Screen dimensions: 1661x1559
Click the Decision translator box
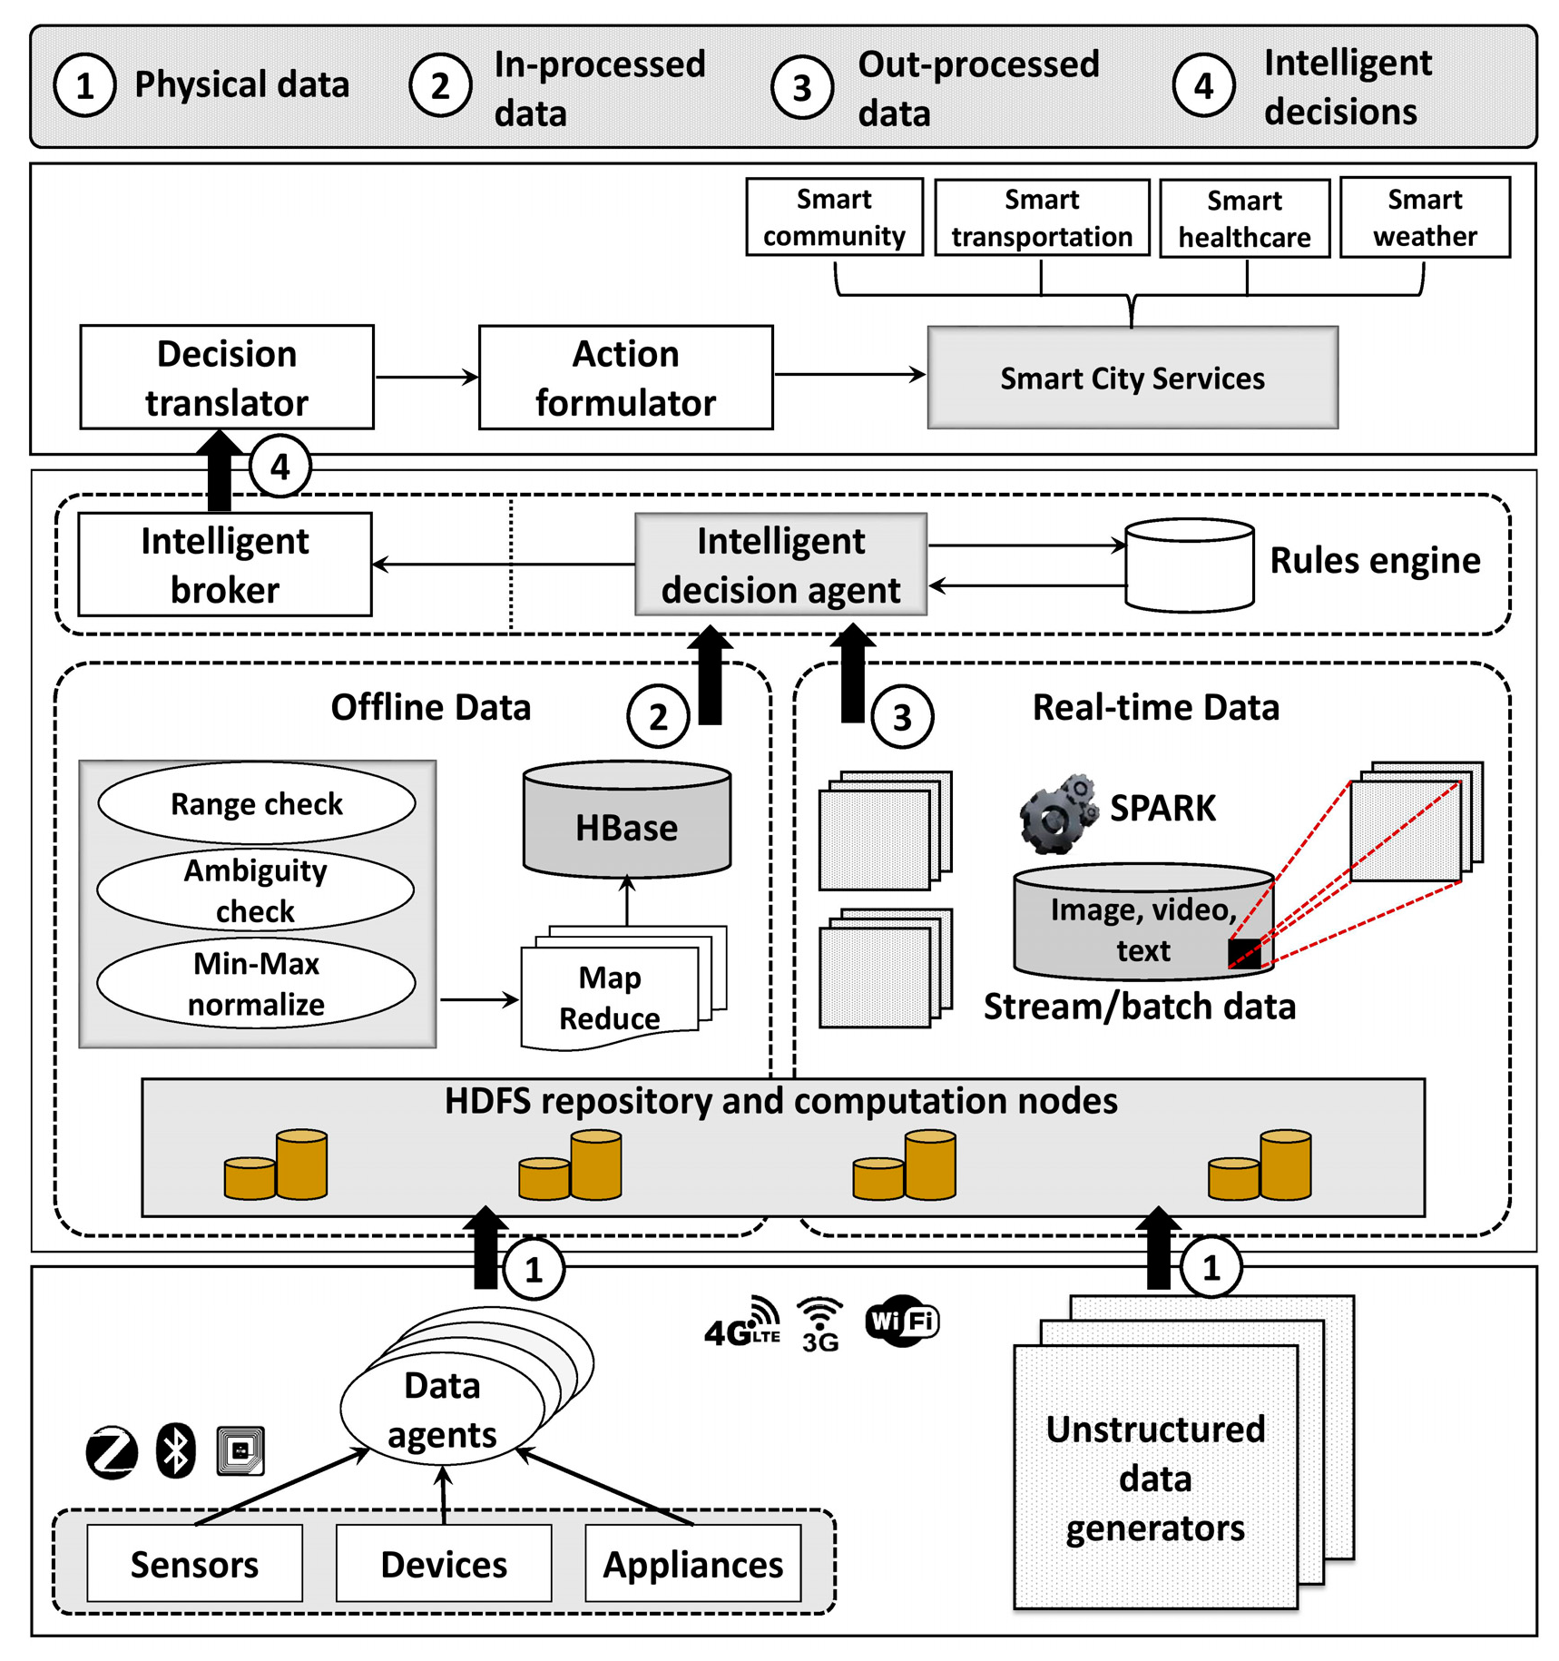click(x=226, y=377)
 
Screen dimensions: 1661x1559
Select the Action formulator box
click(x=625, y=377)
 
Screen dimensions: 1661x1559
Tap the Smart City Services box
click(x=1132, y=378)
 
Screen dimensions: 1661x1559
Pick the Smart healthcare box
click(x=1244, y=218)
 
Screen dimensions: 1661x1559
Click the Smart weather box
click(x=1424, y=217)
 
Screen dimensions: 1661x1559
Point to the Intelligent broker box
click(x=224, y=564)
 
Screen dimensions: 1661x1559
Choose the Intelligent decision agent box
click(x=780, y=564)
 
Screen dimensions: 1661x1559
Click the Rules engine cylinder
click(x=1189, y=565)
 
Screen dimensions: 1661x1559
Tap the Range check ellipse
click(x=256, y=803)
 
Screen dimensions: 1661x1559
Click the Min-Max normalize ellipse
click(x=256, y=983)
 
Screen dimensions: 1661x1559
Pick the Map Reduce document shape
click(x=610, y=997)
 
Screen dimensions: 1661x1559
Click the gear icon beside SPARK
click(x=1055, y=813)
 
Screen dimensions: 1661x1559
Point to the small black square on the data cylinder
click(x=1243, y=953)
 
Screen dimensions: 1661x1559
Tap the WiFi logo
click(x=901, y=1321)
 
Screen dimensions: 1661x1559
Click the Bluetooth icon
click(x=175, y=1450)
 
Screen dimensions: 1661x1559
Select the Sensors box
click(x=194, y=1563)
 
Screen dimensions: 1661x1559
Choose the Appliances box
click(x=692, y=1563)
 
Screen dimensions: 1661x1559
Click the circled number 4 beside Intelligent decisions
click(x=1202, y=86)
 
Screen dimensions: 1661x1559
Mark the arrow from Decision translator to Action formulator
click(x=426, y=377)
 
